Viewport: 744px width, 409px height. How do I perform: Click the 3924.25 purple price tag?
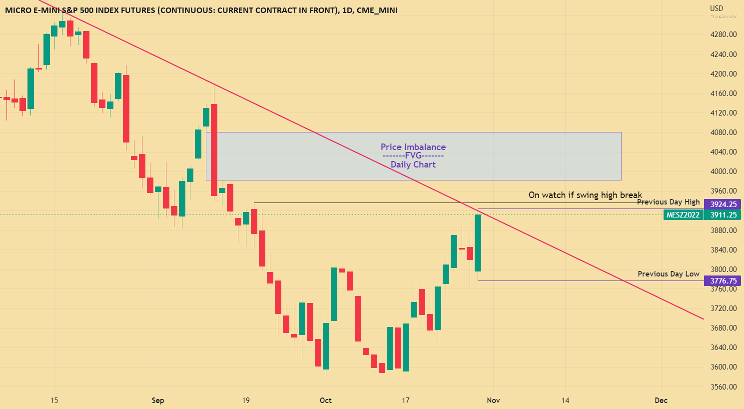tap(723, 204)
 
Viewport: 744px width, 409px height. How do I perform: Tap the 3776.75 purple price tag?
tap(723, 281)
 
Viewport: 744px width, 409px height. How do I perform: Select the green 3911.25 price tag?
tap(723, 215)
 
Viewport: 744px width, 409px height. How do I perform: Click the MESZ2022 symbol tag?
tap(683, 215)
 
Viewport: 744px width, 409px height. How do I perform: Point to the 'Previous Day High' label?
tap(668, 202)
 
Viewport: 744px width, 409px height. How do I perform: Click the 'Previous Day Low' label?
tap(668, 274)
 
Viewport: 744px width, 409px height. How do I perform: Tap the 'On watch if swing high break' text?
tap(585, 195)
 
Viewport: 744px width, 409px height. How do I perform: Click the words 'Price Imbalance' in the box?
tap(413, 147)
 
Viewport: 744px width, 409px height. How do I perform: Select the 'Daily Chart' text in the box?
tap(413, 164)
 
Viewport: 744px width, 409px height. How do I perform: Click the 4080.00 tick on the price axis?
tap(724, 132)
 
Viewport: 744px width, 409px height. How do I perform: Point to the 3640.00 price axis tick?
tap(724, 347)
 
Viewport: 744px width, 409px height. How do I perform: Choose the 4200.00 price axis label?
tap(724, 74)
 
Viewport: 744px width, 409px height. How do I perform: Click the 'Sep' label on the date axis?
tap(158, 400)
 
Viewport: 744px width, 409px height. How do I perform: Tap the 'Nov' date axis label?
tap(493, 400)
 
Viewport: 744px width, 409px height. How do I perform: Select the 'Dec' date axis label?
tap(661, 400)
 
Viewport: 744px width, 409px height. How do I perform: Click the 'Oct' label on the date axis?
tap(326, 400)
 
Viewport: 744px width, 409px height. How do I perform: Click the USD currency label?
tap(717, 8)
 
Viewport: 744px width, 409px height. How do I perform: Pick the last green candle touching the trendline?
tap(478, 243)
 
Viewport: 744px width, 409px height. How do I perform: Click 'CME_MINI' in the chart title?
tap(377, 10)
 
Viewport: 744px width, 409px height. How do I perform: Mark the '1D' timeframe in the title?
tap(348, 10)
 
